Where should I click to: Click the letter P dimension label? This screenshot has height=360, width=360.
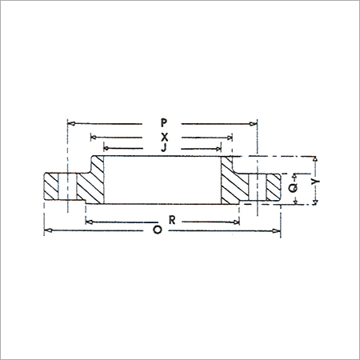pos(163,123)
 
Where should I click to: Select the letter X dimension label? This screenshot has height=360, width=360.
pos(163,136)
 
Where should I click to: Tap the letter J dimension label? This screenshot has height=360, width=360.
pos(163,147)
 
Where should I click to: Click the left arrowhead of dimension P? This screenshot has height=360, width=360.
pos(70,123)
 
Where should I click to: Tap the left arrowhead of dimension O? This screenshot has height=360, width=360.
pos(46,230)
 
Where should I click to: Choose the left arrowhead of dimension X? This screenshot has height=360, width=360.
pos(94,136)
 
